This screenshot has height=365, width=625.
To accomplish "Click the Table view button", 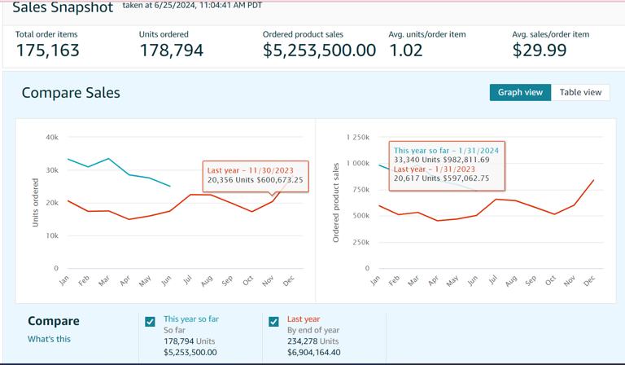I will (x=580, y=92).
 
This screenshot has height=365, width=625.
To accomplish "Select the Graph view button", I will (x=520, y=92).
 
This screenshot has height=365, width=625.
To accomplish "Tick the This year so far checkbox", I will (x=150, y=322).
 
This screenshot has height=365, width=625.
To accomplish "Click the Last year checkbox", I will (x=273, y=322).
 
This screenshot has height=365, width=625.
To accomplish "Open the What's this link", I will (x=49, y=339).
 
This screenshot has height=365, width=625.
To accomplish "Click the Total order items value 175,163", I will (x=48, y=51).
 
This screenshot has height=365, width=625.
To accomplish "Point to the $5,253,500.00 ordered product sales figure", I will (x=319, y=51).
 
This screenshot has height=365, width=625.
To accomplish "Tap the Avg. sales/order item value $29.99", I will (x=540, y=51).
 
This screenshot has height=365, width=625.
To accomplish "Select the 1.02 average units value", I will (x=406, y=51).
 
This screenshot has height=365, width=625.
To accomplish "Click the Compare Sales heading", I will (x=71, y=93).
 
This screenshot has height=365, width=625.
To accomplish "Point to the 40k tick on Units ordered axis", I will (x=51, y=138).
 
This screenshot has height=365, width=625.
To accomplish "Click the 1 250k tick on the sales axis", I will (x=357, y=138).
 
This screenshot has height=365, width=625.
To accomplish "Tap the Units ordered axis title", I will (x=35, y=202).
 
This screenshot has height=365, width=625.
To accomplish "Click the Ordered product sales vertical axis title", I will (x=336, y=202).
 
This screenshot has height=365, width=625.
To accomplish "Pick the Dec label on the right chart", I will (x=589, y=280).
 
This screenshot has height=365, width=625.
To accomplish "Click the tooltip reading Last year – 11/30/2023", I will (x=255, y=175).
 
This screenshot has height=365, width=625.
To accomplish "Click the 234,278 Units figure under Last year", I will (x=313, y=341).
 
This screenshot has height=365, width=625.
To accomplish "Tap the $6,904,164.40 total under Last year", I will (x=314, y=352).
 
